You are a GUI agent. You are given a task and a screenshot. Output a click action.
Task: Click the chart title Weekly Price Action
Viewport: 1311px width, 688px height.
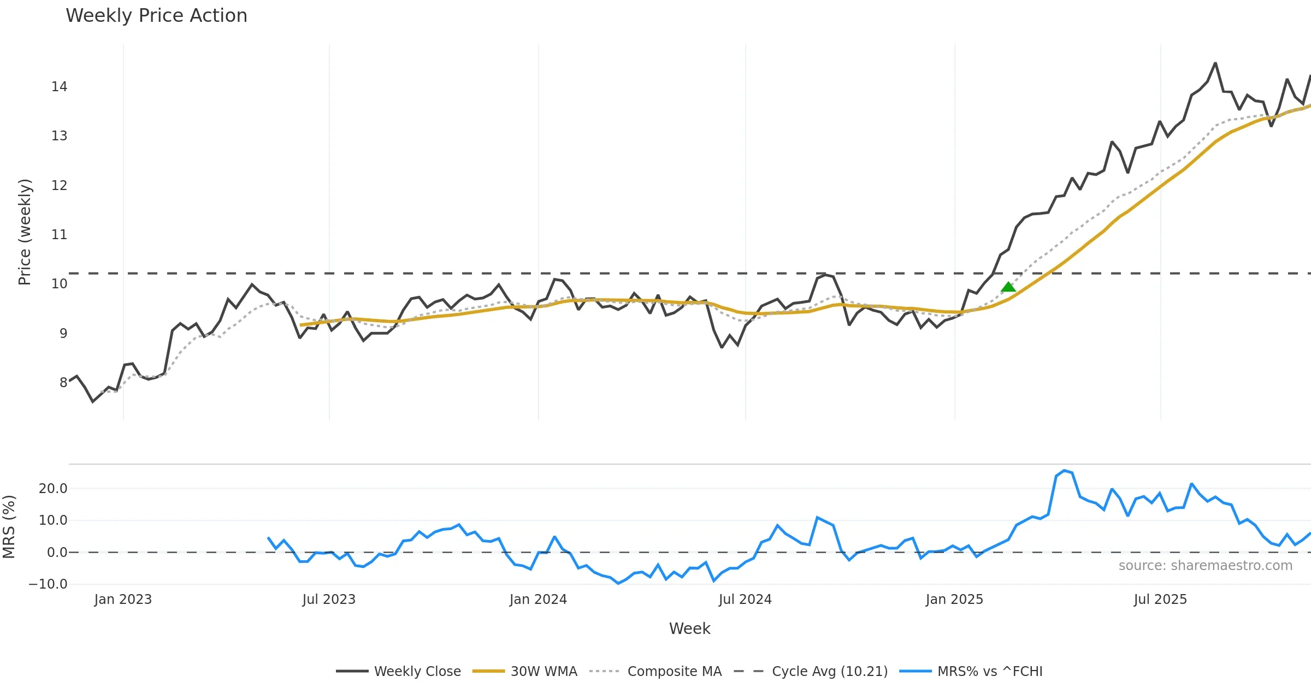click(156, 16)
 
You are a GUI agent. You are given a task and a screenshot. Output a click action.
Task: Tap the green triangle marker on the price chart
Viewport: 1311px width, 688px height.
click(1008, 287)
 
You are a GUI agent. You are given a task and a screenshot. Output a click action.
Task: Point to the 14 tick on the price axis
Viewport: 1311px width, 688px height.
click(59, 87)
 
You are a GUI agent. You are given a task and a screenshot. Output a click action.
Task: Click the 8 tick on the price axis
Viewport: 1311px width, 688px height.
click(63, 382)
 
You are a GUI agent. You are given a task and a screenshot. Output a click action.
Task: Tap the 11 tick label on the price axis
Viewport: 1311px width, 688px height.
click(59, 235)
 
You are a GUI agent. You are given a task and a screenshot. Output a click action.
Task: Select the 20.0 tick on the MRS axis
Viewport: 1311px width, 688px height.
click(53, 489)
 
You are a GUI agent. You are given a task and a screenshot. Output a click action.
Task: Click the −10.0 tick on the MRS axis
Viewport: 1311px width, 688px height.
click(48, 584)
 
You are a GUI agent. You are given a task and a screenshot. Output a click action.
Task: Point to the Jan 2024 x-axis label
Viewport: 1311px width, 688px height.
click(538, 600)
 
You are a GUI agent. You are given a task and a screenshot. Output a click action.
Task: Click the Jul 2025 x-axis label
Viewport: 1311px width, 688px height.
click(1160, 600)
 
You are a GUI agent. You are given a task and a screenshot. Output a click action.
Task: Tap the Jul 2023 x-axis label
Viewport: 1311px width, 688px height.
click(329, 600)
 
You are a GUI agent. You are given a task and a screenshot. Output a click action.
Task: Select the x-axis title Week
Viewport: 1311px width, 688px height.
click(689, 628)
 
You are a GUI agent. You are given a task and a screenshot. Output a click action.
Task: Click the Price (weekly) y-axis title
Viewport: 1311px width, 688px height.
click(25, 232)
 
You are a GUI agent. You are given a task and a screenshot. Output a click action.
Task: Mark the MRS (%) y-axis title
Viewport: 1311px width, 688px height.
click(9, 527)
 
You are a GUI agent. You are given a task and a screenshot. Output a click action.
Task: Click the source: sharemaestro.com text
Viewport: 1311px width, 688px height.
click(1205, 566)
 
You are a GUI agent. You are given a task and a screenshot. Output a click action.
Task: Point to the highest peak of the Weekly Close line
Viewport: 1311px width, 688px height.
click(1215, 63)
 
